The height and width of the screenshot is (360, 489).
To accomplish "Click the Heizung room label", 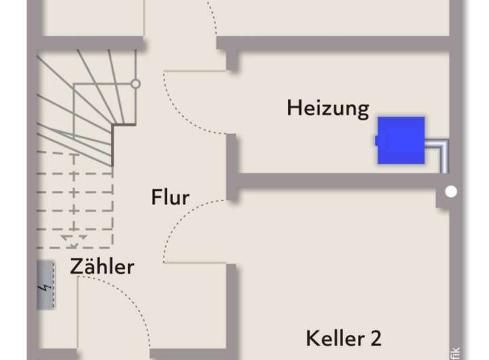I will [x=327, y=108].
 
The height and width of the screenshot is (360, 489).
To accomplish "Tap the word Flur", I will [x=170, y=198].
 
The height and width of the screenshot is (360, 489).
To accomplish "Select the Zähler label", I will [x=102, y=266].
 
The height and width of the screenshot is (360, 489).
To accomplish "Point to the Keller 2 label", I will [x=343, y=338].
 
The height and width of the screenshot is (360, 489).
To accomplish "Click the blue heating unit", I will [x=401, y=140].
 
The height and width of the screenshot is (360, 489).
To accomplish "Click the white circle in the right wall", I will [x=451, y=192].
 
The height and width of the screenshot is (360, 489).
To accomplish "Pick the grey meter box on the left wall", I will [x=46, y=285].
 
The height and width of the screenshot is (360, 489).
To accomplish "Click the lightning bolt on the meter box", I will [x=46, y=286].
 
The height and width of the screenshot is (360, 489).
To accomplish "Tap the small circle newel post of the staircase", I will [x=136, y=84].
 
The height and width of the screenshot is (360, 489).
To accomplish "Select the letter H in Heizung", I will [x=293, y=107].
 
